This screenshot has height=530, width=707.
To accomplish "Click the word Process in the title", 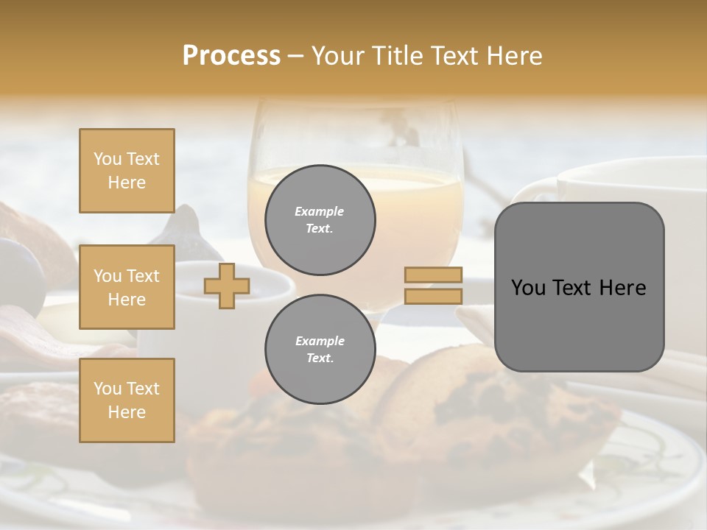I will tap(231, 56).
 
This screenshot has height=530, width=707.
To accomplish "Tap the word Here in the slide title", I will tap(513, 56).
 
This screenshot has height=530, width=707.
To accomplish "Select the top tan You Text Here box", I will tap(127, 171).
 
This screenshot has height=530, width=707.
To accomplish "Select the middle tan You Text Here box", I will tap(127, 287).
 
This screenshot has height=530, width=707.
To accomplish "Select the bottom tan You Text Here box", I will tap(127, 400).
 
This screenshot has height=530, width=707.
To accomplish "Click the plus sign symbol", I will tap(226, 286).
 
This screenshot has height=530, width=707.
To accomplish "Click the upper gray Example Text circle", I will tap(320, 220).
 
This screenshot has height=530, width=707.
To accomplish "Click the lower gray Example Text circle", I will tap(320, 350).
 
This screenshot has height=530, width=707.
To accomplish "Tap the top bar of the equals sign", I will tap(433, 275).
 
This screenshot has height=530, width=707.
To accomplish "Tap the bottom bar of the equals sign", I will tap(433, 297).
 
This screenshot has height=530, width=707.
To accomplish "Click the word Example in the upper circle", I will tap(319, 212).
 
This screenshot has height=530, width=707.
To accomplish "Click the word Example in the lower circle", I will tap(319, 342).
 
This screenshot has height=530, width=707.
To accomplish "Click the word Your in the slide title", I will tap(337, 56).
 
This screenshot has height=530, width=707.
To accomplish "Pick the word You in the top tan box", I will tap(107, 159).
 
